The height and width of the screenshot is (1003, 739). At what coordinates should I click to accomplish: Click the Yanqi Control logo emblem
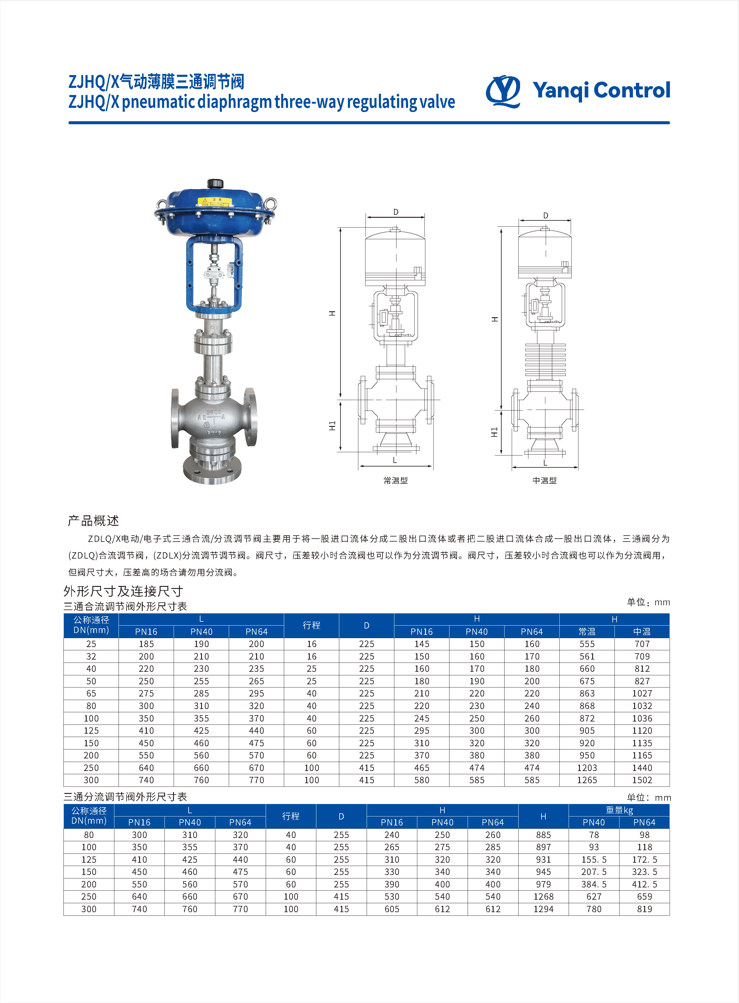503,91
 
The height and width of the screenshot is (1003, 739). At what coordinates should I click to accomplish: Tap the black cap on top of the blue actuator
215,184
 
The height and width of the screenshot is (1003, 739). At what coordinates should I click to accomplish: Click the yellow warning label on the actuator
215,201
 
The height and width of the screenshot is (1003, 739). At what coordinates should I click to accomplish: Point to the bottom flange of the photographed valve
212,471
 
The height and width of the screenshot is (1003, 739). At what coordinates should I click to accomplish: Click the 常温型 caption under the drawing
396,480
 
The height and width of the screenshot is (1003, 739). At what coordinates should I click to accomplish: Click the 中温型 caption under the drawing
544,480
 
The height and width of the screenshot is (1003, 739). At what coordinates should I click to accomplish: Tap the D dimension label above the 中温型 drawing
546,216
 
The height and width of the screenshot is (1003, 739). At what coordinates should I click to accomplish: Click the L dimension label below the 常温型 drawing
395,460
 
